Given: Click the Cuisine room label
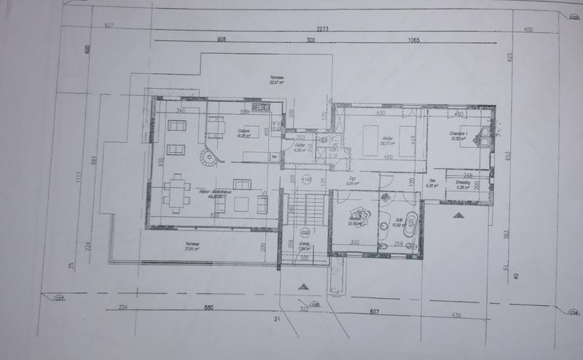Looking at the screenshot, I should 243,133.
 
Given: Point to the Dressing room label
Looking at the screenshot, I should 462,183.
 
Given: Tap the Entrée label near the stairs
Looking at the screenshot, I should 305,246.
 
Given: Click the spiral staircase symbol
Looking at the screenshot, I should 209,156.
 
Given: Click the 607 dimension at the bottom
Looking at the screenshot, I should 375,313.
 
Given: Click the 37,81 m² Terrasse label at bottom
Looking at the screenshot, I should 191,246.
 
